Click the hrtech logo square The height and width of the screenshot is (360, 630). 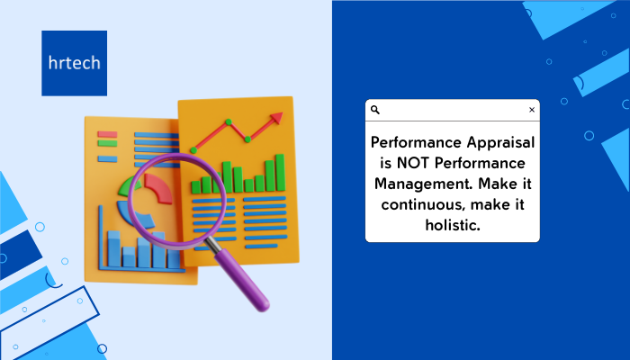point(75,63)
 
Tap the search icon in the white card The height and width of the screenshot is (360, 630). point(375,110)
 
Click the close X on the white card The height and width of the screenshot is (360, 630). point(532,110)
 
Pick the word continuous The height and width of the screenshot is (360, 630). point(423,205)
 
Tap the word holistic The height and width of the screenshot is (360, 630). point(453,225)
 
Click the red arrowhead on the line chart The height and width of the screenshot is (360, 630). point(276,118)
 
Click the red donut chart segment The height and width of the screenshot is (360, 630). point(158,187)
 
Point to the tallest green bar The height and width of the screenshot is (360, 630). point(280,173)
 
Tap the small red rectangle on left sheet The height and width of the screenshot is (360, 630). point(107,134)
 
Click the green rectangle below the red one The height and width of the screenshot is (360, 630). point(107,143)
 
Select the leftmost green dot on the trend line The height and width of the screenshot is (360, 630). point(193,150)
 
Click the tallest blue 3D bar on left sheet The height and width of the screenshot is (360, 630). point(113,248)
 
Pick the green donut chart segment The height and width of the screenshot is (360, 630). point(130,185)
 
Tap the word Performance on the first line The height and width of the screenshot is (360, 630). point(416,142)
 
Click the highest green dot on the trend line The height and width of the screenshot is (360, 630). point(229,121)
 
